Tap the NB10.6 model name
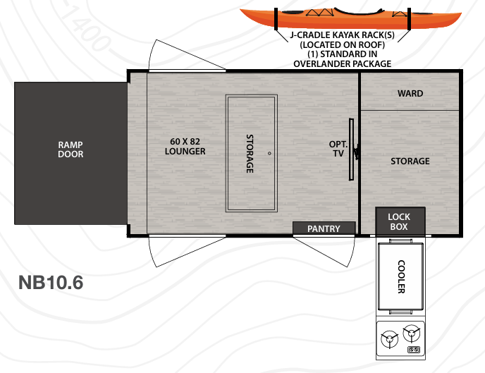51,282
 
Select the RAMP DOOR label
70,149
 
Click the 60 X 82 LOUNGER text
185,146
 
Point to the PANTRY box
324,228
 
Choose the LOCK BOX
399,221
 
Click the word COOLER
400,277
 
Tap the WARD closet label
410,94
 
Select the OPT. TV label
338,149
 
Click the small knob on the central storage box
269,153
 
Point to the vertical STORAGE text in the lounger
250,153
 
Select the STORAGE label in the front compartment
410,161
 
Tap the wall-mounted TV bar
352,149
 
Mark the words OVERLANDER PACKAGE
342,63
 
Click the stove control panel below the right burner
414,348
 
